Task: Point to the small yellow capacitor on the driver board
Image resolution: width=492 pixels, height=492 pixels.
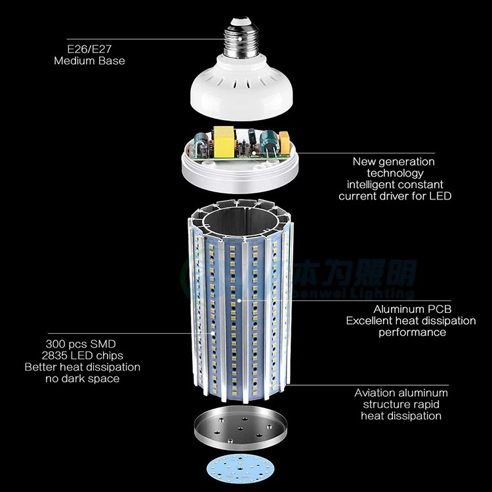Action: point(285,140)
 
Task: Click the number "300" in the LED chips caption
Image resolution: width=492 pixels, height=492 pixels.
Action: point(57,344)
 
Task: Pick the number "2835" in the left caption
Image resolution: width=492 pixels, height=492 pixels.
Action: point(57,355)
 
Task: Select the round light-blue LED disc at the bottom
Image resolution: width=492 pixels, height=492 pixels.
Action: point(240,471)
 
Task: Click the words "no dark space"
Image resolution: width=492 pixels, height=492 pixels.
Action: point(82,379)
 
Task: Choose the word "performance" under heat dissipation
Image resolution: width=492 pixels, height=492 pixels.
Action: point(412,332)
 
